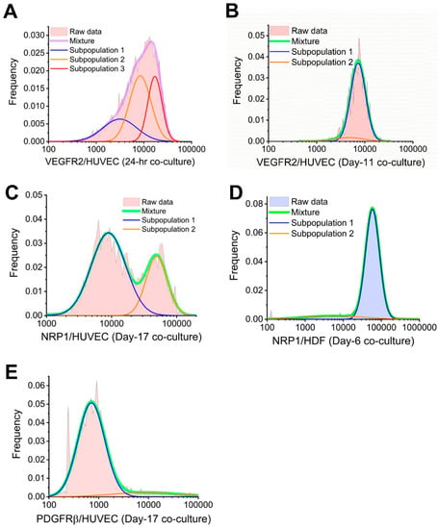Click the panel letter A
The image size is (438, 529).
point(10,12)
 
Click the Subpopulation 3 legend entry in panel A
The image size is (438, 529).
point(88,69)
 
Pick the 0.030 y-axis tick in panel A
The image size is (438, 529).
point(34,36)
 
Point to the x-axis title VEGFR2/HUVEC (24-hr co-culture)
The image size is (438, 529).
point(120,162)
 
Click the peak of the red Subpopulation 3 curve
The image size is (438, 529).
point(155,76)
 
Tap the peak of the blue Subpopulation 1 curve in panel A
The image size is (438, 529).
point(119,119)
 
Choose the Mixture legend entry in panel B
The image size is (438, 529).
point(295,41)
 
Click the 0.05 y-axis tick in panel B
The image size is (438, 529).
point(256,36)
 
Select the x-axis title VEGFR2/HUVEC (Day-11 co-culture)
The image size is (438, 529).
point(341,163)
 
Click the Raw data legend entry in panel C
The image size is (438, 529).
point(148,202)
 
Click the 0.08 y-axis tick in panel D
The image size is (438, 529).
point(254,204)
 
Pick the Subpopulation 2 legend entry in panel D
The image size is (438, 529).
point(311,234)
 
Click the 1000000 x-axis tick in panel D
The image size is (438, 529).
point(420,328)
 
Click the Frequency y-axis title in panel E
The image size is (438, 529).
point(16,434)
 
